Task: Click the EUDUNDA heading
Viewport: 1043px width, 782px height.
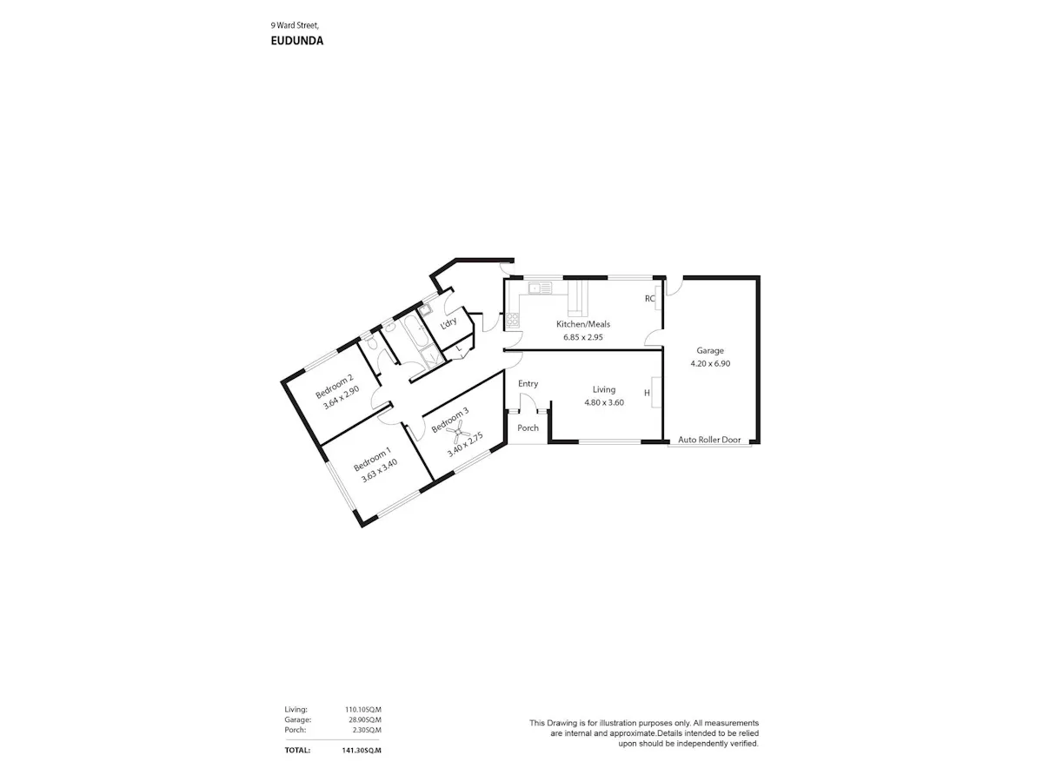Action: click(296, 41)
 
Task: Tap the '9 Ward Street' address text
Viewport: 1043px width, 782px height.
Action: click(295, 25)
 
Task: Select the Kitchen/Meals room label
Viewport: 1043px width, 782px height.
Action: click(582, 324)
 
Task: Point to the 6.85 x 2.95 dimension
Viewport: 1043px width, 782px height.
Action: click(582, 337)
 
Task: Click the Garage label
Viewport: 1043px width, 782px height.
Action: click(710, 351)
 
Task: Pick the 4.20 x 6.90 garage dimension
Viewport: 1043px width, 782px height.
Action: click(710, 364)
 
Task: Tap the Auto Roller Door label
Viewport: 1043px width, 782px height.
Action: click(709, 440)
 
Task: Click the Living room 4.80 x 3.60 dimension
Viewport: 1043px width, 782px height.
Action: click(603, 402)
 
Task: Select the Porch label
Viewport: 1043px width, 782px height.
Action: click(528, 427)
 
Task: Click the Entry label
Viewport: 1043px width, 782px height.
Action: click(528, 384)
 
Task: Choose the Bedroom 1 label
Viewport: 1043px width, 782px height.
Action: click(372, 459)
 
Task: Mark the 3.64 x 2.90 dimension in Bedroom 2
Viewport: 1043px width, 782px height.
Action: click(341, 397)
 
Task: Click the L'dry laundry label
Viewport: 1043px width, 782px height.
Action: click(448, 323)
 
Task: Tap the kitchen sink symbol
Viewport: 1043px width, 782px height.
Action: click(540, 288)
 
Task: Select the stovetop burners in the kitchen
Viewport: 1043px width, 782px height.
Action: click(512, 320)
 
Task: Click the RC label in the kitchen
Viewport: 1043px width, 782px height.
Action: click(649, 299)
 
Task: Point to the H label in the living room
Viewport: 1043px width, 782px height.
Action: click(647, 393)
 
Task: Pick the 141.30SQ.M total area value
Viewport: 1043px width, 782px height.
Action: click(361, 750)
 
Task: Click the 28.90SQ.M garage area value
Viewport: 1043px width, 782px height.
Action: click(364, 719)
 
